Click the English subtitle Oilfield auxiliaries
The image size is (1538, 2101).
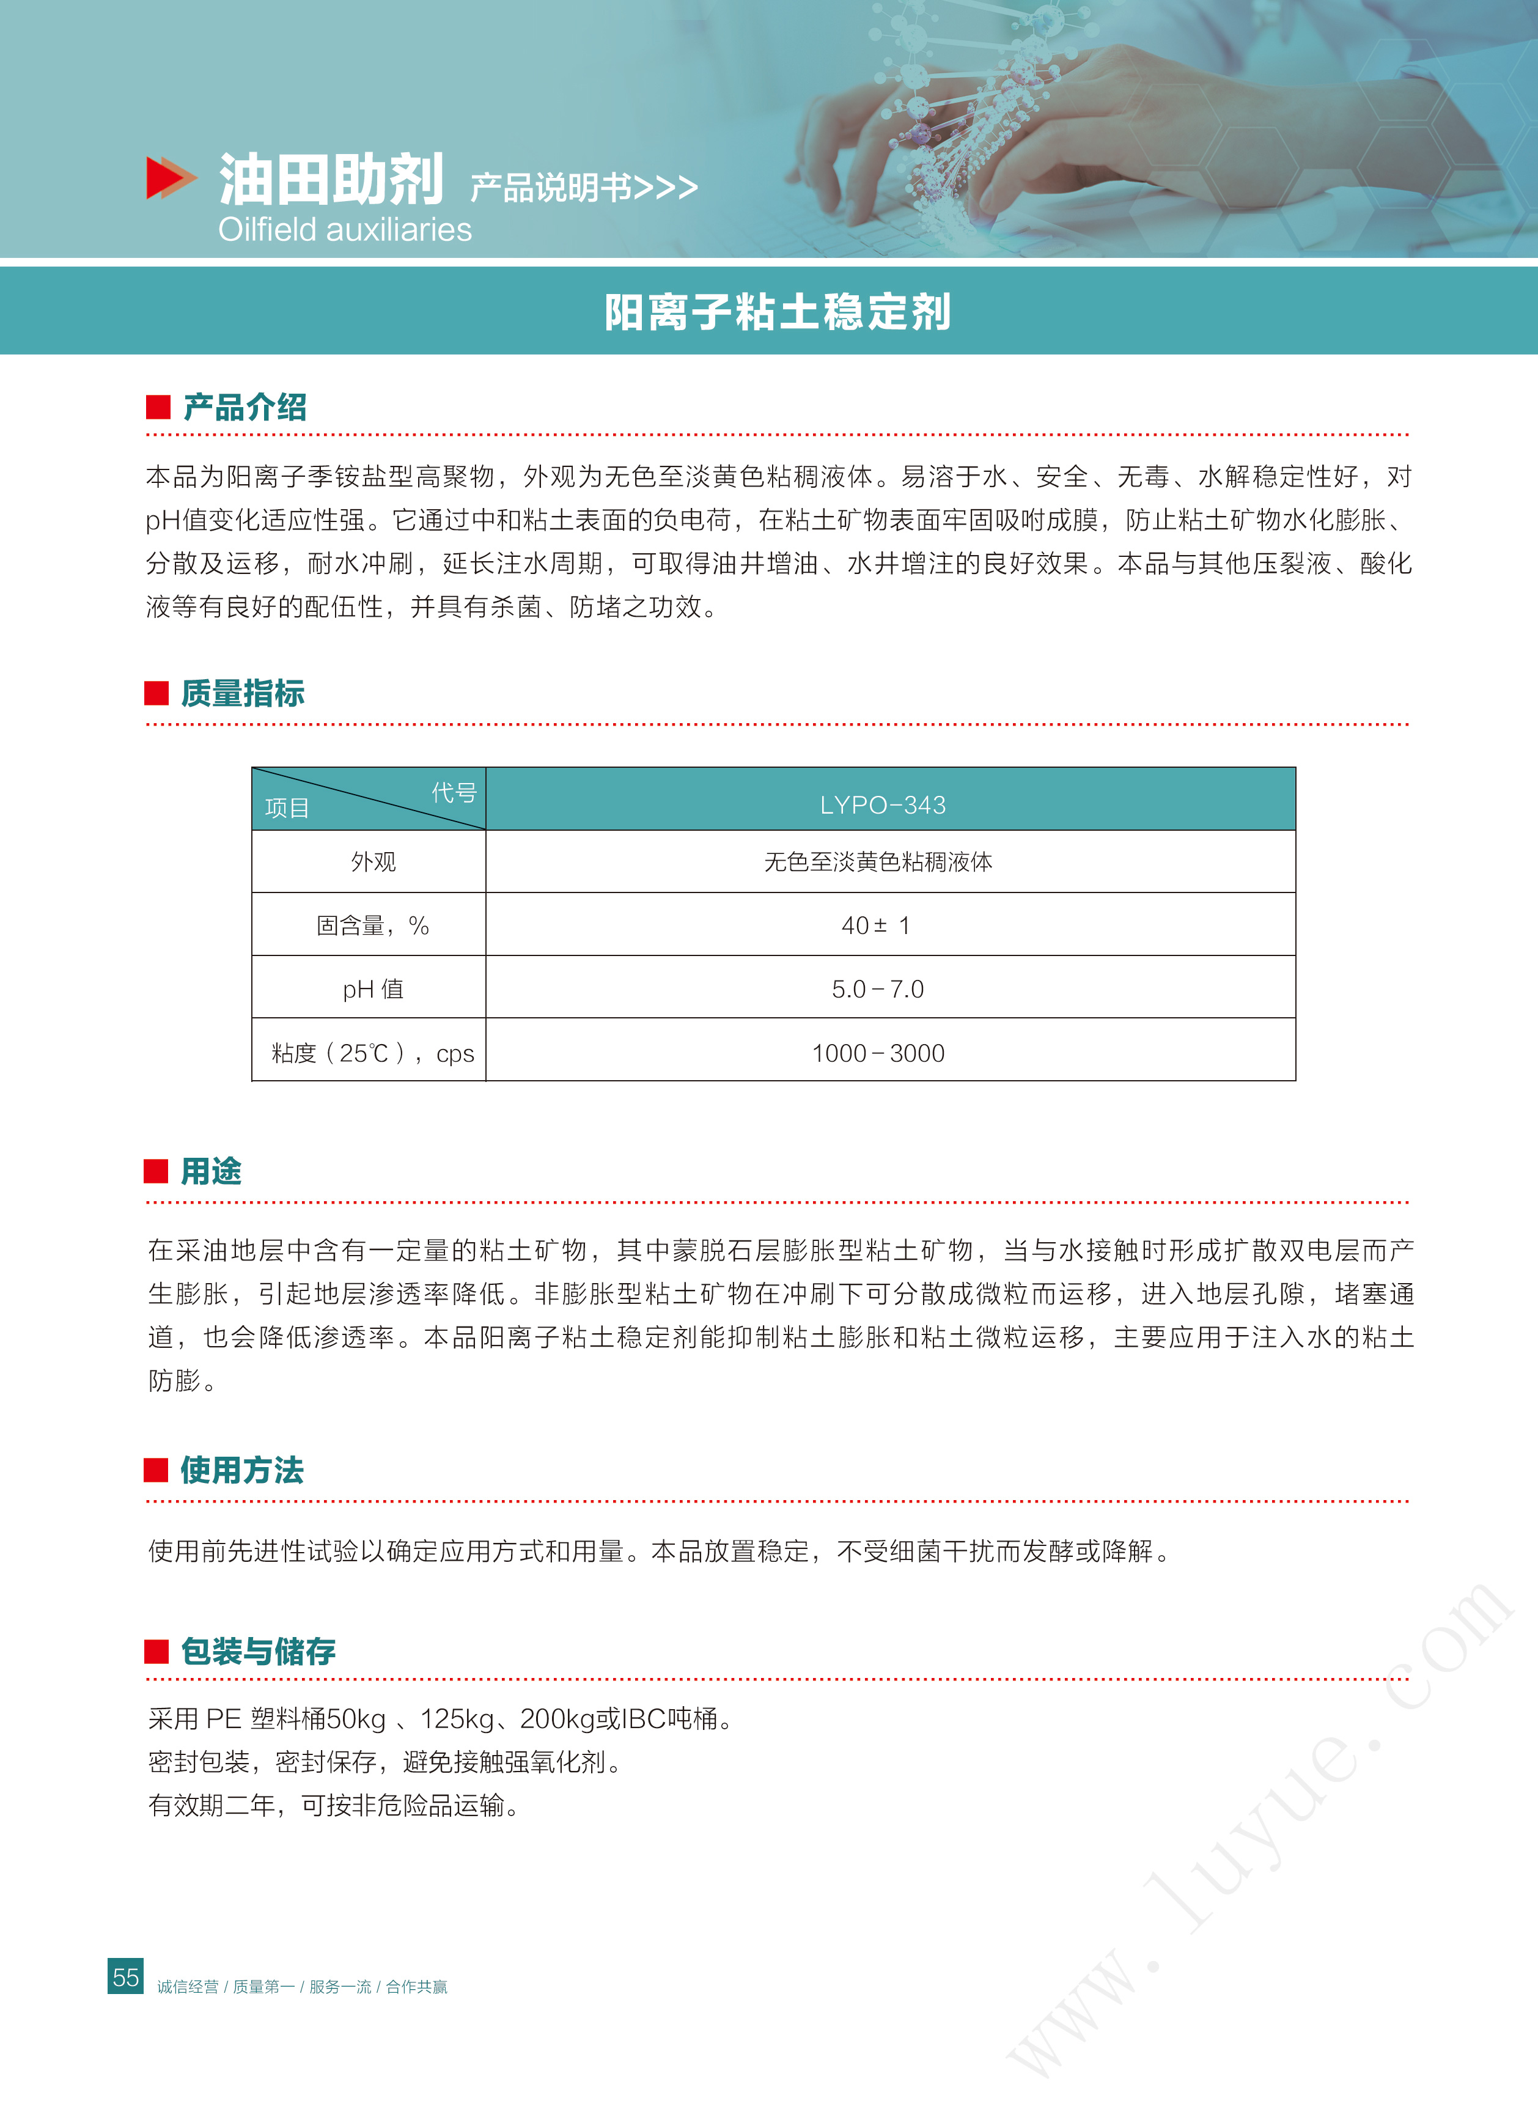[345, 230]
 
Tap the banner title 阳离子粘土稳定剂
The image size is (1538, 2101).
[778, 312]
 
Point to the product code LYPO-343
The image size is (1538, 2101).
[883, 805]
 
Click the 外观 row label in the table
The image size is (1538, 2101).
[373, 862]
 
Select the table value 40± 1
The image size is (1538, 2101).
[876, 925]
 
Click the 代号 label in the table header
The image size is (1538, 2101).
[454, 792]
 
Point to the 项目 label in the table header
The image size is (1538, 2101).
[287, 808]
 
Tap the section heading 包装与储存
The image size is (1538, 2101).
[258, 1651]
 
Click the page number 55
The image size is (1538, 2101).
[126, 1977]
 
